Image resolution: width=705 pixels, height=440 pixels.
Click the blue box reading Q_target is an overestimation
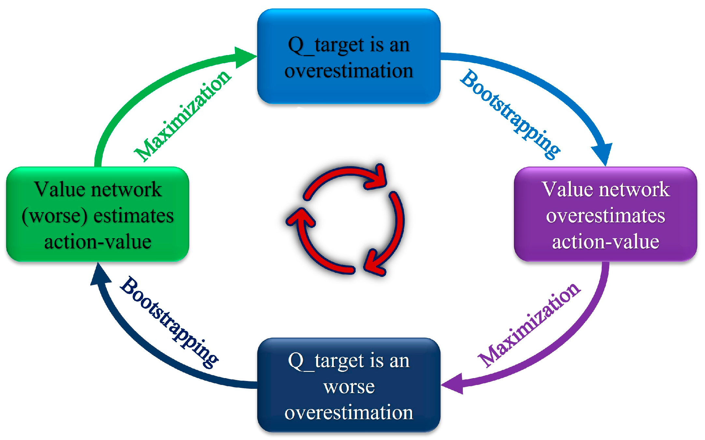pos(349,56)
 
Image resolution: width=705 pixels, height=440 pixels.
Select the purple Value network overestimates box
pos(605,214)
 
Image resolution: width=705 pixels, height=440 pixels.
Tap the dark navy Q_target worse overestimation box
pos(349,385)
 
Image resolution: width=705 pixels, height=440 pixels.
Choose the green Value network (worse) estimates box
pos(98,214)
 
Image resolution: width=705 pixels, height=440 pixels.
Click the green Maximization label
pos(183,116)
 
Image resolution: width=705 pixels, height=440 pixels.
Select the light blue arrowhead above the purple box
pos(602,153)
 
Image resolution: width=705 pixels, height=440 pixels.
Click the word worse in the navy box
pos(349,387)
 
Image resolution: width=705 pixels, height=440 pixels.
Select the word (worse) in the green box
pos(55,216)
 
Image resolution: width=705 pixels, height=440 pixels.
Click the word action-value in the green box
pos(98,242)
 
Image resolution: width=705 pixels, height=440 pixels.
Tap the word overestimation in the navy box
pos(349,413)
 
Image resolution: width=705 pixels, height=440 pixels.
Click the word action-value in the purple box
pos(605,242)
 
